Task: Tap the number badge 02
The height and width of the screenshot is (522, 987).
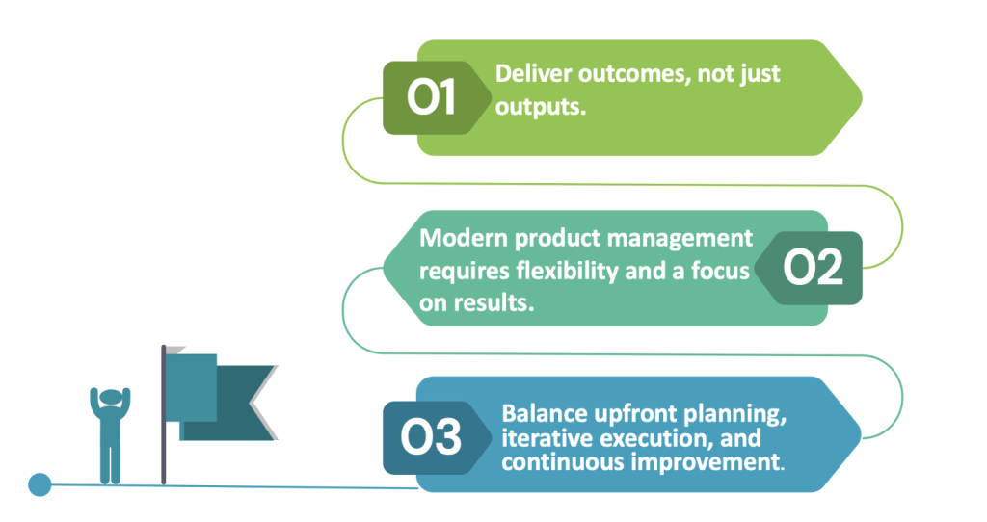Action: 809,268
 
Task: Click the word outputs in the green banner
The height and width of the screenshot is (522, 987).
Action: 540,108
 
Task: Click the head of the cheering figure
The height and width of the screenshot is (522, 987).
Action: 110,398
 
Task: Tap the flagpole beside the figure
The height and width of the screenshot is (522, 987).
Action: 164,414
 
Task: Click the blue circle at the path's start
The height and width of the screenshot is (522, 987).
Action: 40,484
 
